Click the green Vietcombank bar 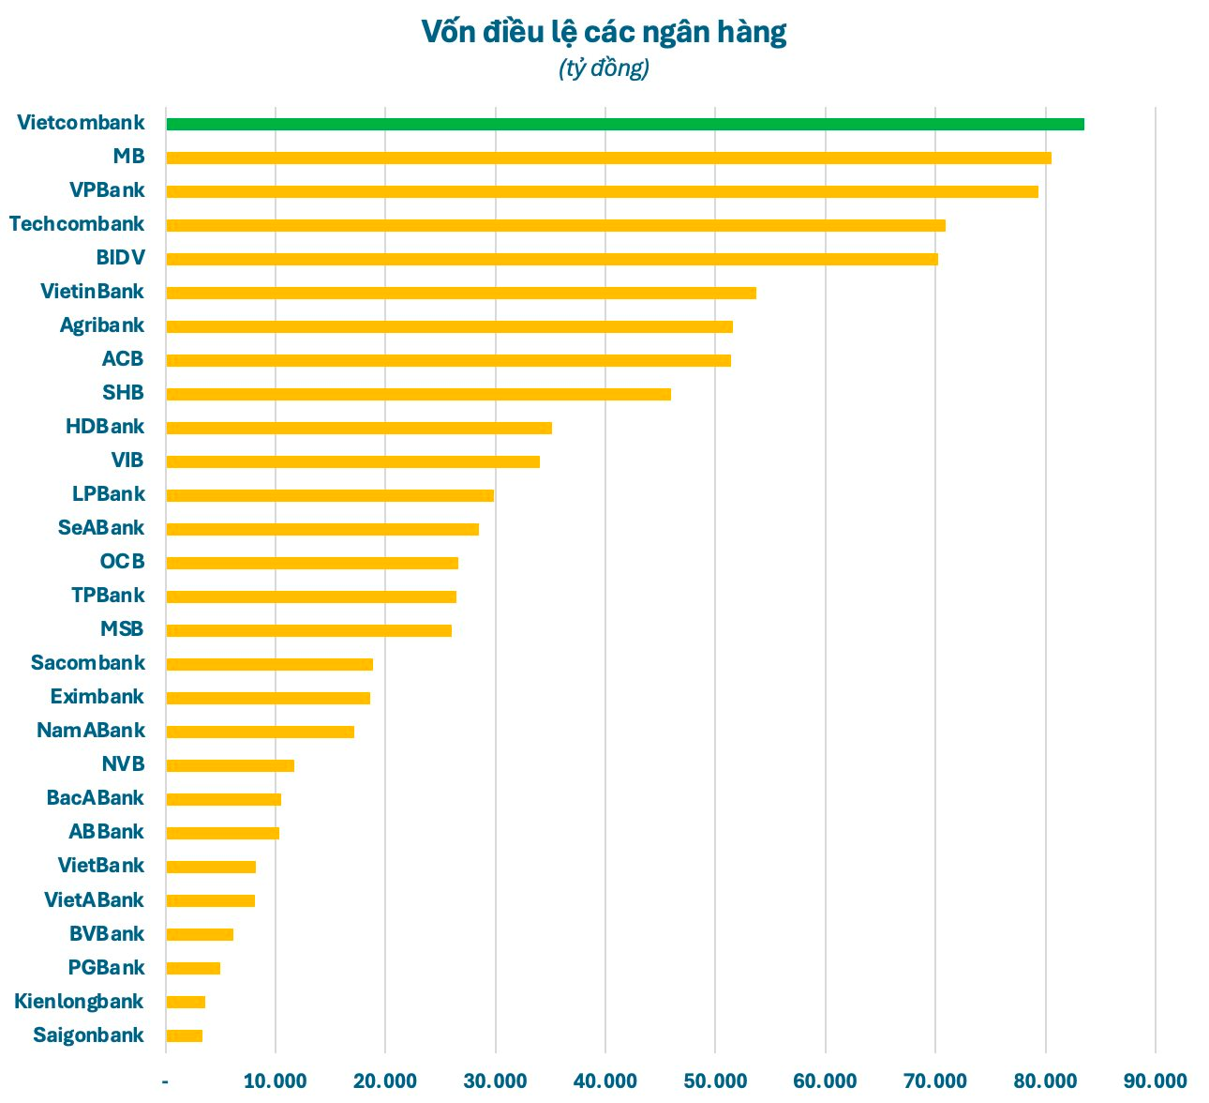[625, 124]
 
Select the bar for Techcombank [556, 225]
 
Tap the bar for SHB [418, 394]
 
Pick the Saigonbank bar [184, 1035]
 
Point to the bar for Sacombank [269, 664]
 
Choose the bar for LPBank [330, 495]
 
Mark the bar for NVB [230, 765]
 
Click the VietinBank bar [461, 293]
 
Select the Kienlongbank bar [186, 1002]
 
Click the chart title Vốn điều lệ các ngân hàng [604, 32]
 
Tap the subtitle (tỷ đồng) [604, 68]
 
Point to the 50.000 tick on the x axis [715, 1080]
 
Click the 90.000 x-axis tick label [1155, 1080]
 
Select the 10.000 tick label [276, 1080]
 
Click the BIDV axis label [120, 257]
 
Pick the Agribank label [102, 325]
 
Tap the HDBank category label [105, 426]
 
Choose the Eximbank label [97, 696]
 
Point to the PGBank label [106, 967]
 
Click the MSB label [122, 628]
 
